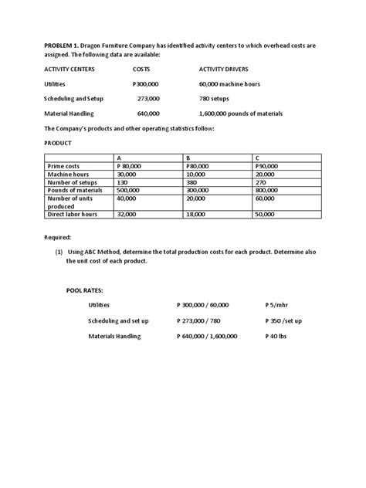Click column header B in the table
[x=189, y=158]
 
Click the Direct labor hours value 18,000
[x=198, y=214]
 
